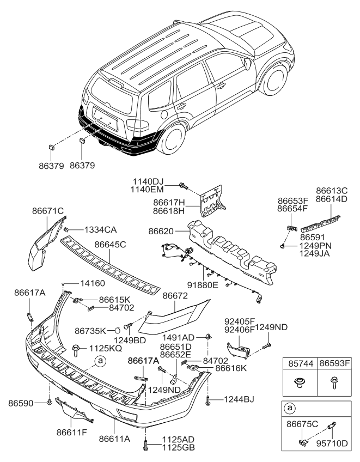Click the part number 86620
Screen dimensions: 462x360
pyautogui.click(x=161, y=231)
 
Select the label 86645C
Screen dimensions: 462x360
pyautogui.click(x=111, y=245)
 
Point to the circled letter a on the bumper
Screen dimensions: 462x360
pyautogui.click(x=99, y=360)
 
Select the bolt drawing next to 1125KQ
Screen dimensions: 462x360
pyautogui.click(x=76, y=347)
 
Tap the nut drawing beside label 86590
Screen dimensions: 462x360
pyautogui.click(x=50, y=403)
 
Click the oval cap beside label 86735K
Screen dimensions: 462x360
pyautogui.click(x=117, y=330)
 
